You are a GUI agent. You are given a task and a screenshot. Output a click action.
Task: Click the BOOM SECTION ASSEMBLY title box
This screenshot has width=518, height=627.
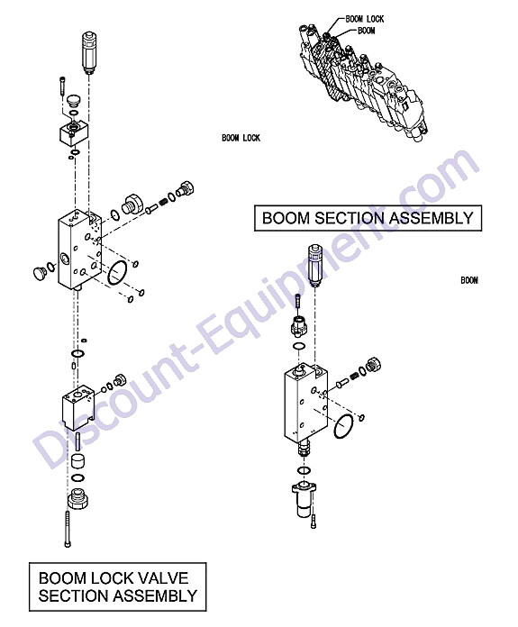(368, 218)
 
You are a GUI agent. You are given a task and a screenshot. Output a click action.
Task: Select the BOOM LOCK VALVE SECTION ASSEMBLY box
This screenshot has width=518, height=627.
(118, 586)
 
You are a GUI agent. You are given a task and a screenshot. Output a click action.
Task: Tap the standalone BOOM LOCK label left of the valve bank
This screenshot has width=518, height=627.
(241, 138)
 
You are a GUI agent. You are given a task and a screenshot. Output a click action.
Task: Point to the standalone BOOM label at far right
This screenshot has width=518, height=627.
(469, 280)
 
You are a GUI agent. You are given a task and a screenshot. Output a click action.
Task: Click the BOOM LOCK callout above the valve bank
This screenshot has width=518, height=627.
(364, 19)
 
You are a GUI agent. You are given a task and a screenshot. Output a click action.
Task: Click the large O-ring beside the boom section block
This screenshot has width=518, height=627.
(343, 426)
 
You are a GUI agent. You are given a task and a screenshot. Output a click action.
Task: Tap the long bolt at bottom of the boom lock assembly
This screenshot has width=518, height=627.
(68, 529)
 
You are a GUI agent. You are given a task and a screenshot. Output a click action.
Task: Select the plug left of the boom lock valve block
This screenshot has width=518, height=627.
(40, 273)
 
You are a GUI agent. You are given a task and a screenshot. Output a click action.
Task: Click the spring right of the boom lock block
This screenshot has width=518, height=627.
(163, 202)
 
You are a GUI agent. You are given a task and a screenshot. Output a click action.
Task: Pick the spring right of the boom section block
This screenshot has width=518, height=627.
(353, 377)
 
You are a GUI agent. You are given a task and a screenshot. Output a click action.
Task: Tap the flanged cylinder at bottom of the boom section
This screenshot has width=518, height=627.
(304, 500)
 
